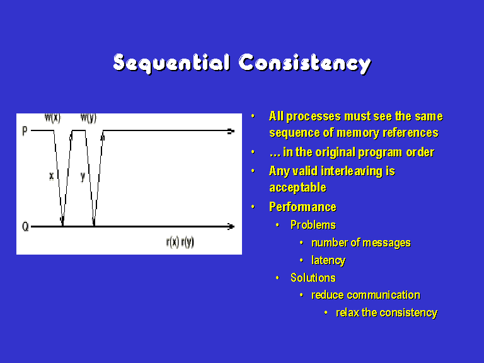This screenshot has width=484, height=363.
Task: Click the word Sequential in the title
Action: tap(171, 64)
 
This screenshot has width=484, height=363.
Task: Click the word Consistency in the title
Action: tap(304, 64)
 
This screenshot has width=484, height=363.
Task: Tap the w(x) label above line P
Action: tap(53, 118)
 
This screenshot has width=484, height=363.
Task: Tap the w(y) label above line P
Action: tap(89, 118)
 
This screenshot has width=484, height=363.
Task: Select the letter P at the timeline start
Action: tap(25, 131)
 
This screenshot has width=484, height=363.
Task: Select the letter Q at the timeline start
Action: tap(25, 227)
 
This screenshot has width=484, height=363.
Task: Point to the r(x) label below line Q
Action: tap(173, 242)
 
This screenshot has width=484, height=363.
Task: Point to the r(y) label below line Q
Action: tap(187, 242)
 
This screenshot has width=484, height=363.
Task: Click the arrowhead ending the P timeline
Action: tap(231, 131)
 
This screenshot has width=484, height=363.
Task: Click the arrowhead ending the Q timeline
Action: tap(231, 227)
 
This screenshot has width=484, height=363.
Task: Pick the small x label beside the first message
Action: tap(51, 176)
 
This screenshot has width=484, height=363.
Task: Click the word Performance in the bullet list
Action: tap(302, 207)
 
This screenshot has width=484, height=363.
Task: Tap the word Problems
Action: tap(313, 225)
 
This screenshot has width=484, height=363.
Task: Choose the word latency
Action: tap(328, 260)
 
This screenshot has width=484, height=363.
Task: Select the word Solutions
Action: tap(313, 278)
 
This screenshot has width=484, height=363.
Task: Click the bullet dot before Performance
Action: tap(253, 207)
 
